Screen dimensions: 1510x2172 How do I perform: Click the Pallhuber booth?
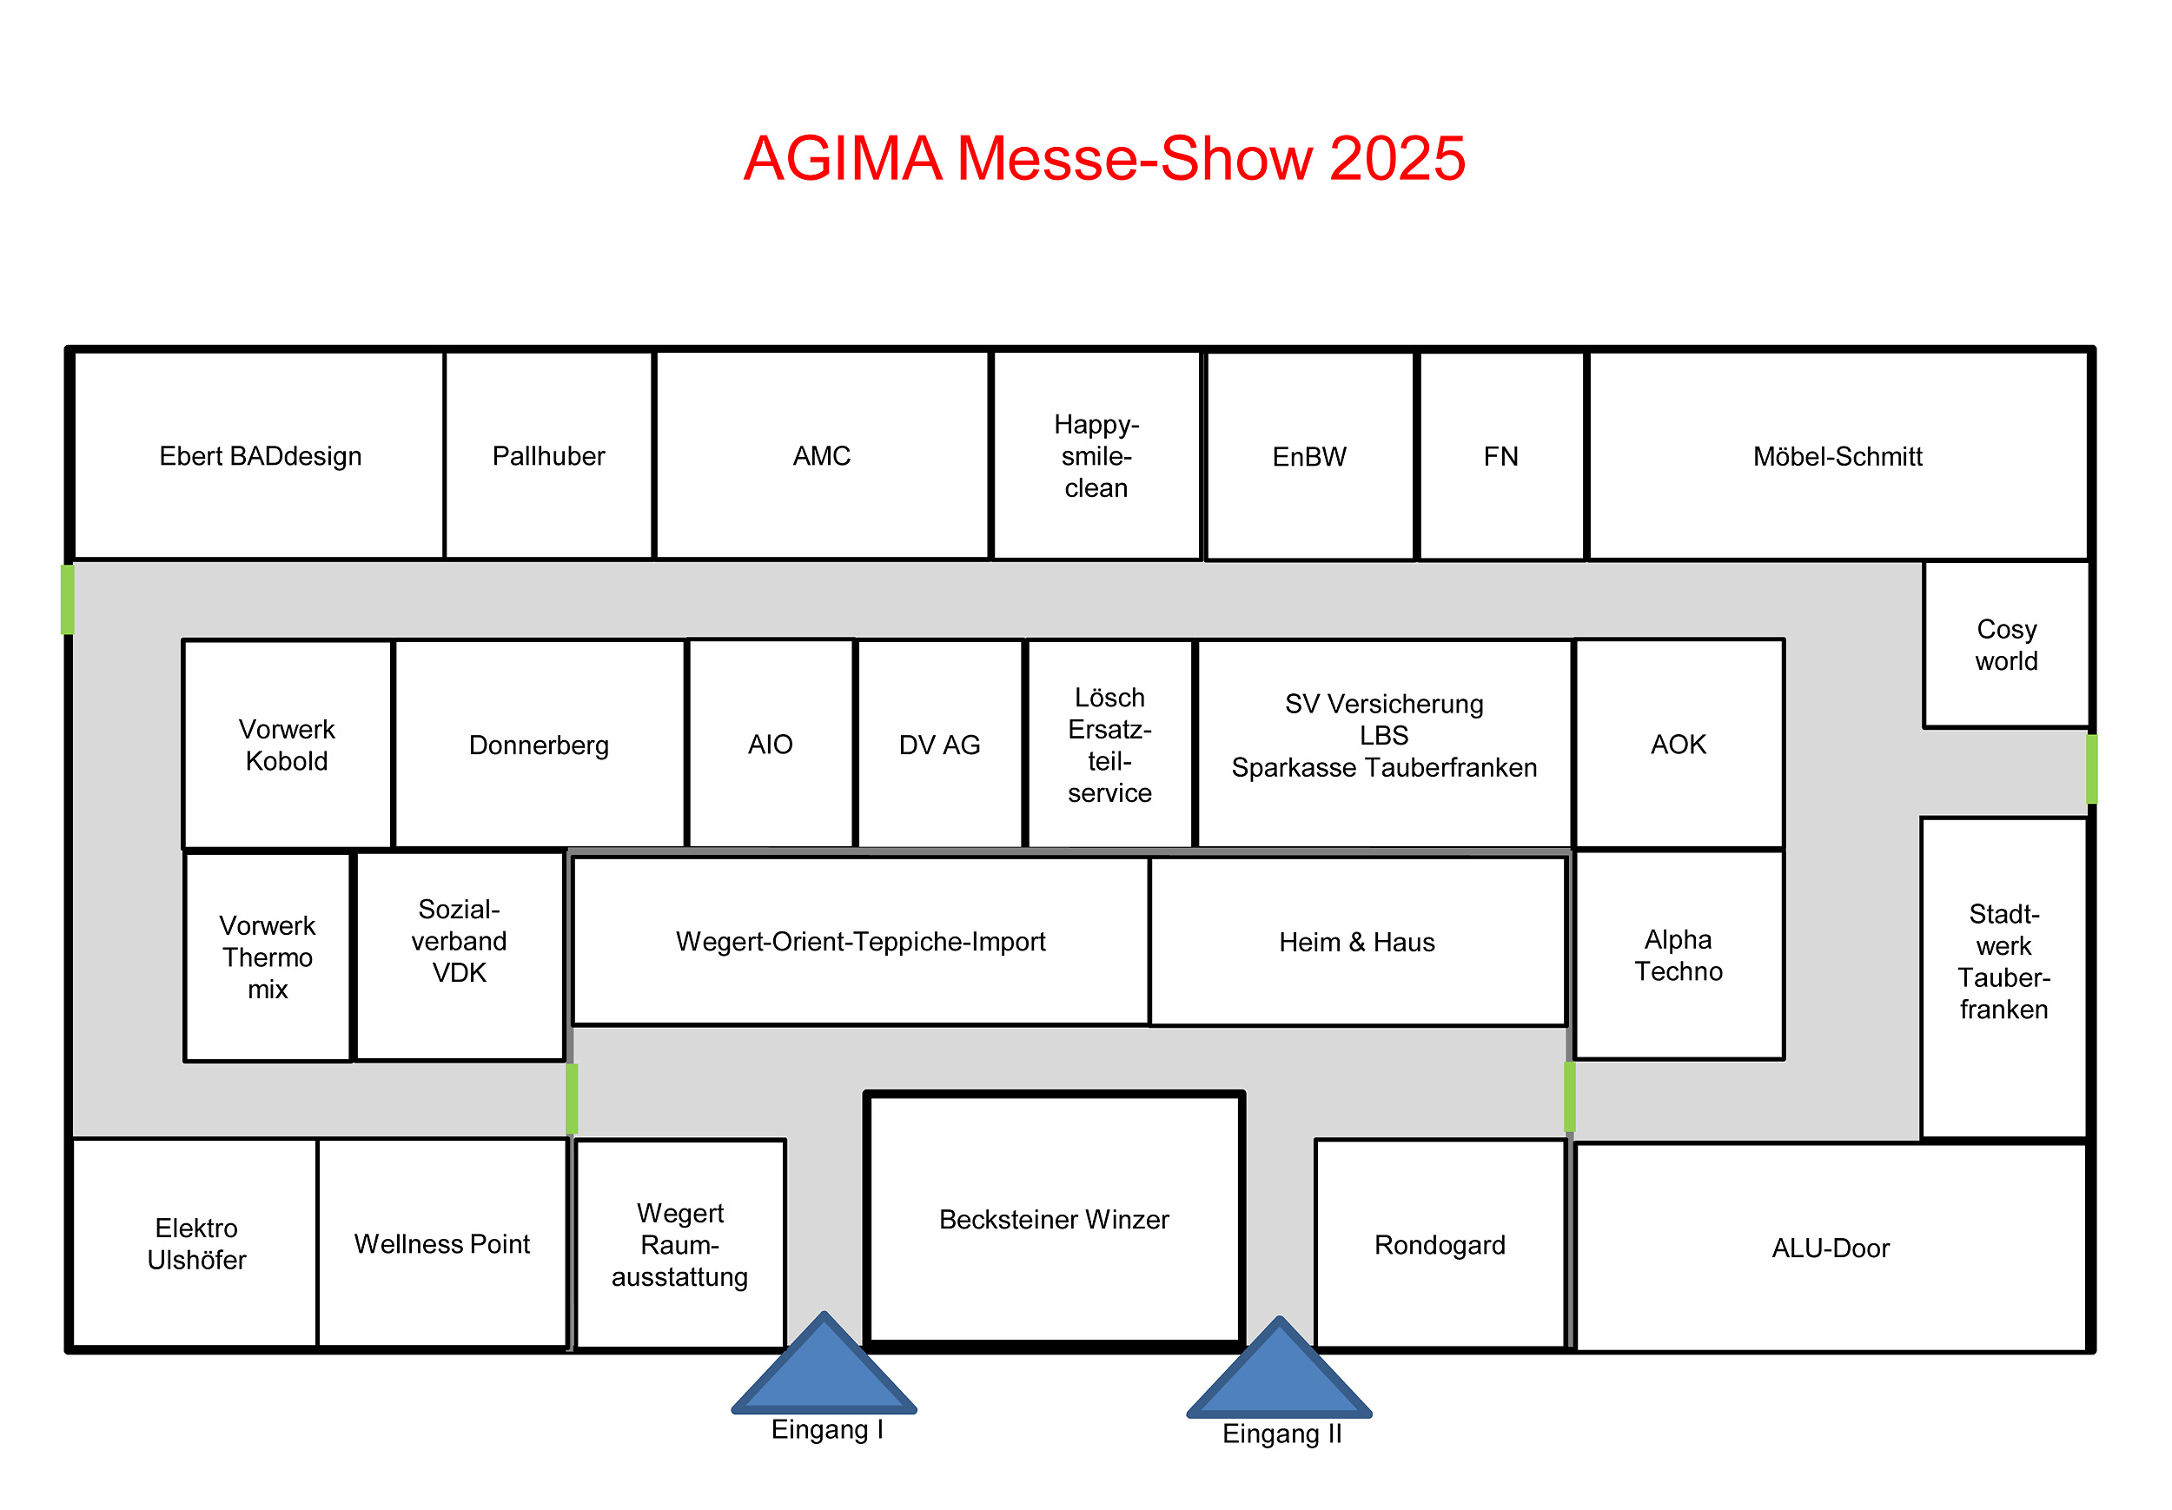(x=549, y=456)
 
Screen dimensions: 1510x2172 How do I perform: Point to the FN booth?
(x=1501, y=457)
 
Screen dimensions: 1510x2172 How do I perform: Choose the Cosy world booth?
(x=2005, y=645)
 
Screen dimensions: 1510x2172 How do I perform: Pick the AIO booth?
(x=770, y=745)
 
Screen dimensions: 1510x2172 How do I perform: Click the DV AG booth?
(x=939, y=745)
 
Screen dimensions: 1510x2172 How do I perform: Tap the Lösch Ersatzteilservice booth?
(x=1109, y=745)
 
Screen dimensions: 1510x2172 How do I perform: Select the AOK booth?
(x=1679, y=745)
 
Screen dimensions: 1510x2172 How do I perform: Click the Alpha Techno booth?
(x=1679, y=955)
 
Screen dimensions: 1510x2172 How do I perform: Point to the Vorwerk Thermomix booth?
(x=268, y=957)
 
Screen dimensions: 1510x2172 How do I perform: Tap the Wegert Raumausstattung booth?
(x=680, y=1244)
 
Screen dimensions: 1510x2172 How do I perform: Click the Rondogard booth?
(x=1440, y=1244)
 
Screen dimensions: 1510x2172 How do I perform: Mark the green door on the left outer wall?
(x=67, y=599)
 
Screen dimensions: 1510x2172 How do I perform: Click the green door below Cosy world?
(x=2091, y=769)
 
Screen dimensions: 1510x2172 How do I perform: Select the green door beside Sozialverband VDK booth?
(x=573, y=1097)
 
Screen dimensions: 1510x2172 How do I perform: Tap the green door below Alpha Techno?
(x=1569, y=1096)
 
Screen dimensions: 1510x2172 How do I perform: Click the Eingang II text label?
(x=1281, y=1434)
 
